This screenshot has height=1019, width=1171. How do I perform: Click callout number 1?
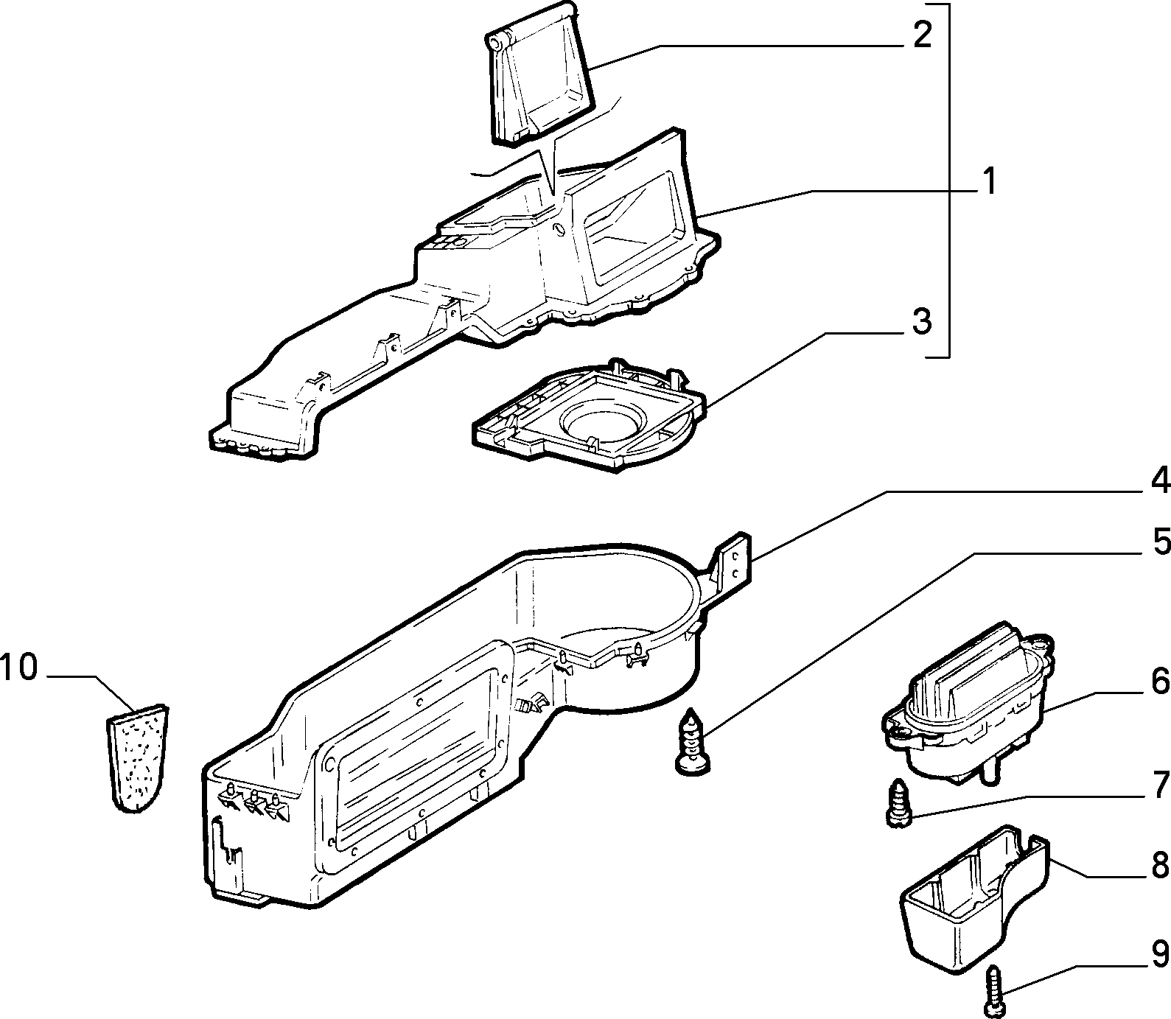(x=989, y=181)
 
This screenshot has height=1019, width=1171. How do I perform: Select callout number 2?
(x=922, y=35)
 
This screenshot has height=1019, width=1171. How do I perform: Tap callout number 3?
(x=922, y=322)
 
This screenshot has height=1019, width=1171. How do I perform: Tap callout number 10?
(x=19, y=668)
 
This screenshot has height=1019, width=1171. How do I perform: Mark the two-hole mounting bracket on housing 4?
(x=733, y=562)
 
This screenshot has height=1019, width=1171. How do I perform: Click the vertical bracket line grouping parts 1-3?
(x=948, y=181)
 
